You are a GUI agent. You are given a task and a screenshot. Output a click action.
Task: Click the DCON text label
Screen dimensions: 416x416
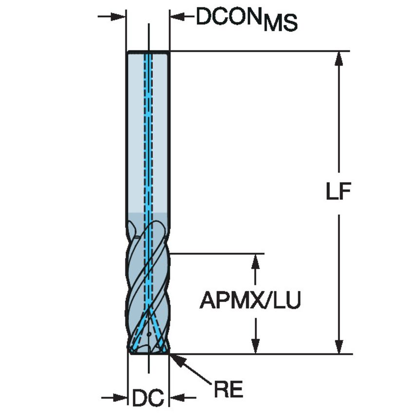[228, 17]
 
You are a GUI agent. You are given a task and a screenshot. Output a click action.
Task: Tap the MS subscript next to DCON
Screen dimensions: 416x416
[280, 24]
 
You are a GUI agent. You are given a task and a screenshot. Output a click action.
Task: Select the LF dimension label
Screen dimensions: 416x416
[339, 192]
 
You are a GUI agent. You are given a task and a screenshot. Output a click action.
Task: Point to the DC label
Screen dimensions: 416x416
[147, 398]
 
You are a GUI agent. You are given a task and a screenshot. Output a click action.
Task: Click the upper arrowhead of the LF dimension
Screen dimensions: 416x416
[339, 57]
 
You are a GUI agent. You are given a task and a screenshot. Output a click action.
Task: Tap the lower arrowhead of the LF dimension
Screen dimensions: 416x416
[339, 346]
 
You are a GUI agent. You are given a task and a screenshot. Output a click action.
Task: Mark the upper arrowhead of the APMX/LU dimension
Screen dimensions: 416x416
[254, 261]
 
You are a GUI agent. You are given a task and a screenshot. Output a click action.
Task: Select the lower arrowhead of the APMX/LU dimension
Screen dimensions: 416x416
[254, 346]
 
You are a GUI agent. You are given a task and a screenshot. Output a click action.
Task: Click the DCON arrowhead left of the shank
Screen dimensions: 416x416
[119, 17]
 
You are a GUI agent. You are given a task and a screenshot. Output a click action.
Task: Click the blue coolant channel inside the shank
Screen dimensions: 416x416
[148, 136]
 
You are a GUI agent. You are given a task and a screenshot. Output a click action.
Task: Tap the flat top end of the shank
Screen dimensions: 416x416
[148, 52]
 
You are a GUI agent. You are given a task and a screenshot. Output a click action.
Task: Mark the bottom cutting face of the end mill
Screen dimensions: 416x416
[148, 352]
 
